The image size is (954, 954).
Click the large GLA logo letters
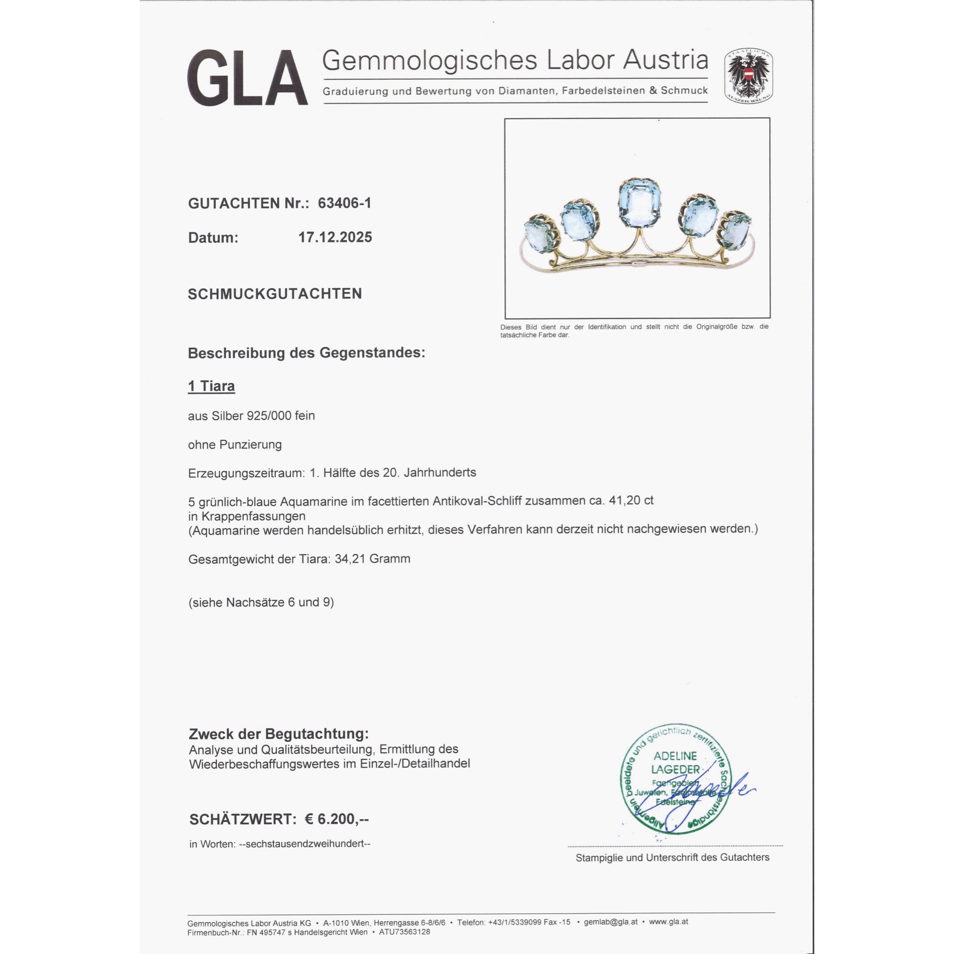(x=248, y=78)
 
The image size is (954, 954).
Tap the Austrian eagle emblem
(x=748, y=75)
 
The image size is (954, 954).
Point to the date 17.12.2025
(x=335, y=238)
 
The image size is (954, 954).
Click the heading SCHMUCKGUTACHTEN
(x=275, y=294)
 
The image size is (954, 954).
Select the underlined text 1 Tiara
(x=211, y=386)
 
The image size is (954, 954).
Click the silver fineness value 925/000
(x=270, y=416)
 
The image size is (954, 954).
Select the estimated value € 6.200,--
(x=336, y=819)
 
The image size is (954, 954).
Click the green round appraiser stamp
(x=675, y=780)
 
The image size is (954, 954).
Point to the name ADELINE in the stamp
(x=675, y=756)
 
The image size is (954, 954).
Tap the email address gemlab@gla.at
(x=611, y=922)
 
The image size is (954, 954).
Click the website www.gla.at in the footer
(x=668, y=922)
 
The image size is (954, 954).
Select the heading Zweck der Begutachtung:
(x=279, y=734)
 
